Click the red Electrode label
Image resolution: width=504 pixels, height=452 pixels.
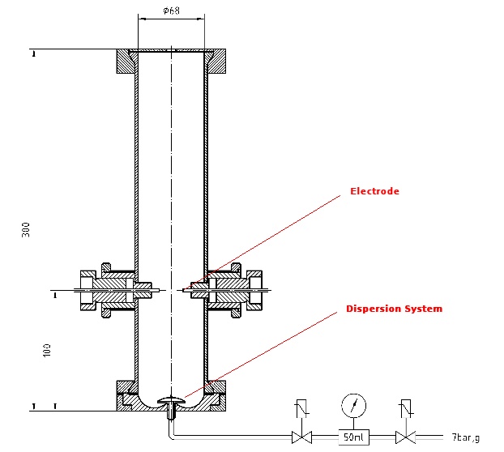(x=374, y=191)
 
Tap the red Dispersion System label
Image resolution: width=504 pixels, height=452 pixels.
(x=394, y=309)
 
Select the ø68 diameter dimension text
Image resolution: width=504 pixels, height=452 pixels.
(x=171, y=11)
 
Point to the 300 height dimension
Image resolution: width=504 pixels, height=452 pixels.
(x=26, y=229)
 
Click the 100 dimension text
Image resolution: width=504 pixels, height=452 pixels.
(x=47, y=350)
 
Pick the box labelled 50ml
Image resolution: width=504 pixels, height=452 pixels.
(x=353, y=437)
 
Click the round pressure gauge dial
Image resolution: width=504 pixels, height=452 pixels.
(x=353, y=405)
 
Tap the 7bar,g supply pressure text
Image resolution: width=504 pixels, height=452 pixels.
(x=466, y=437)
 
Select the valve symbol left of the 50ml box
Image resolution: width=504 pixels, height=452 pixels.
(x=301, y=437)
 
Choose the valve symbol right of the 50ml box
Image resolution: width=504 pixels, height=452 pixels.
(x=406, y=437)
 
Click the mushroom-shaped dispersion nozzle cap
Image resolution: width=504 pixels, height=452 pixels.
(x=171, y=400)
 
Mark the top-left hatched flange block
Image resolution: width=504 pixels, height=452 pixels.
(x=126, y=61)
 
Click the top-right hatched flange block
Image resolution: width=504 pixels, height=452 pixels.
(x=216, y=61)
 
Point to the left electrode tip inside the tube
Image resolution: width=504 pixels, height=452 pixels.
(x=159, y=291)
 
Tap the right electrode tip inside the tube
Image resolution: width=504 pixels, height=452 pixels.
(x=184, y=291)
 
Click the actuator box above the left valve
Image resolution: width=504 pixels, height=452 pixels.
(x=301, y=408)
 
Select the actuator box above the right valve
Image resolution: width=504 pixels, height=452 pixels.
(x=406, y=408)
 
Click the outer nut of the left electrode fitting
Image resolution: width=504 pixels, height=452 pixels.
(x=88, y=291)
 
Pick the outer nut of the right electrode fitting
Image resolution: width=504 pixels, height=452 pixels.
(x=254, y=291)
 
